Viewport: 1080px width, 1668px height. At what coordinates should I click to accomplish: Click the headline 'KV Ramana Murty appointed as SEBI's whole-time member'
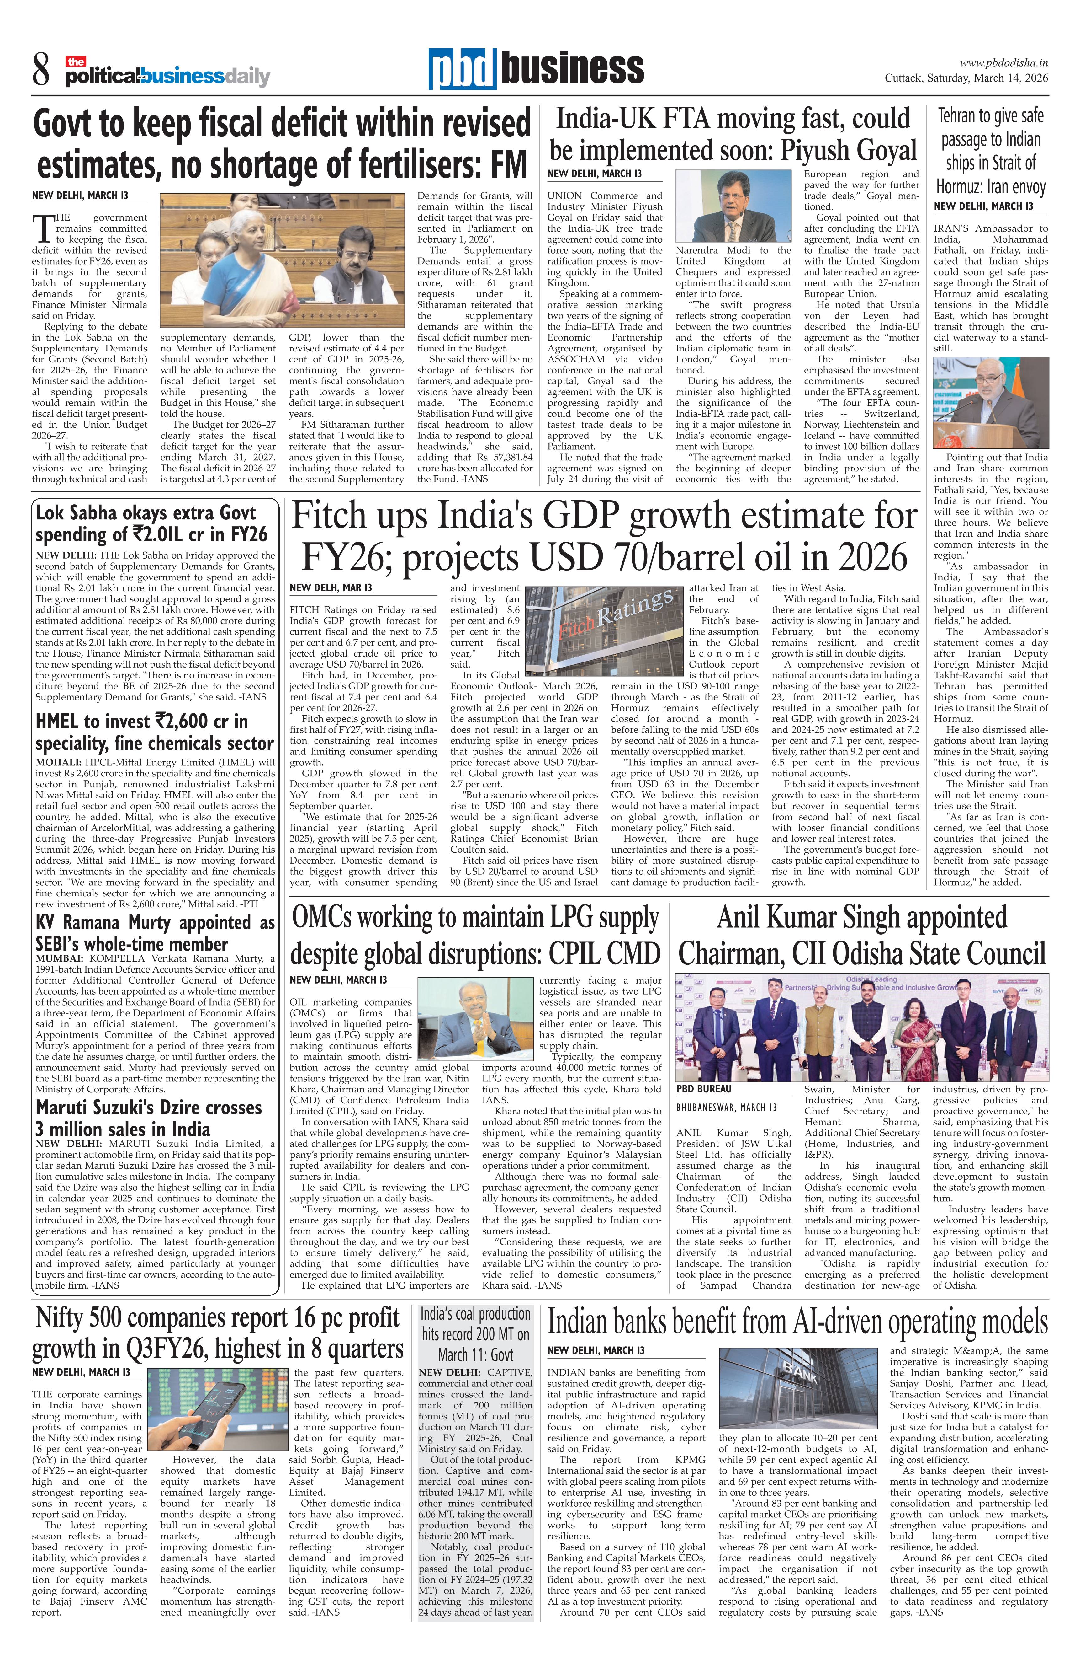[154, 933]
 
